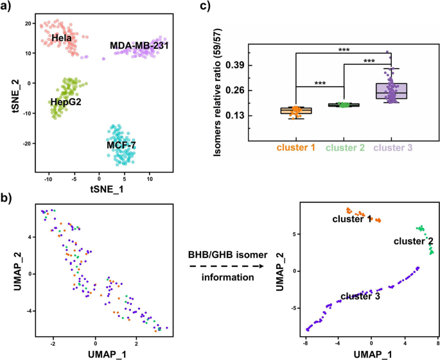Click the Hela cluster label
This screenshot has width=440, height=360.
coord(62,39)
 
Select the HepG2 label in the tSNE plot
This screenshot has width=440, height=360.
coord(65,101)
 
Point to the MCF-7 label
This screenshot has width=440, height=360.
coord(119,145)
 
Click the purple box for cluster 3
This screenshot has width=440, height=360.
coord(392,91)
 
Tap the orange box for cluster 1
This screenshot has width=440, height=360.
coord(296,111)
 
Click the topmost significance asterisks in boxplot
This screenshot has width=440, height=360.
coord(344,47)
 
